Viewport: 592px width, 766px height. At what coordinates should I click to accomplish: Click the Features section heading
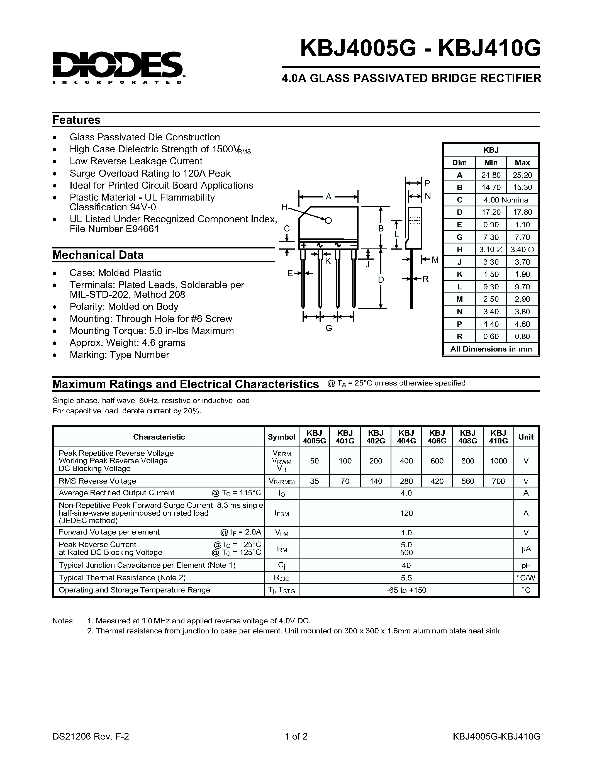pyautogui.click(x=76, y=120)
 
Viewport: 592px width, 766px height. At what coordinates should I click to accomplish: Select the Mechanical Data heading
pyautogui.click(x=98, y=255)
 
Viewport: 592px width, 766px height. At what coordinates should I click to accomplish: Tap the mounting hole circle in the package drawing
pyautogui.click(x=328, y=220)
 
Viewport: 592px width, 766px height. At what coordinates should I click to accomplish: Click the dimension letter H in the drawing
pyautogui.click(x=284, y=207)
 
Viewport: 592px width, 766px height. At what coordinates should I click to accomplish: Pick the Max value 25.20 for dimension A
pyautogui.click(x=522, y=175)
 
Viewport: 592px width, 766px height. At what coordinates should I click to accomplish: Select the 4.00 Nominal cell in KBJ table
pyautogui.click(x=506, y=200)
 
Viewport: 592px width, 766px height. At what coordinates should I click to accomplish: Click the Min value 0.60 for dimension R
pyautogui.click(x=491, y=336)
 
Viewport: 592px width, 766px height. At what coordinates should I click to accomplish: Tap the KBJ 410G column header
pyautogui.click(x=498, y=437)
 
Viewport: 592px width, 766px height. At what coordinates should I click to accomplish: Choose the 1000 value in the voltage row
pyautogui.click(x=498, y=461)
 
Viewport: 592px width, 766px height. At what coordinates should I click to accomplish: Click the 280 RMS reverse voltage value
pyautogui.click(x=406, y=481)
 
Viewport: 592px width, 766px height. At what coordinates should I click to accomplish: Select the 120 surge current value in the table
pyautogui.click(x=406, y=513)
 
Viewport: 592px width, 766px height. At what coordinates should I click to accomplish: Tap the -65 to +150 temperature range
pyautogui.click(x=406, y=590)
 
